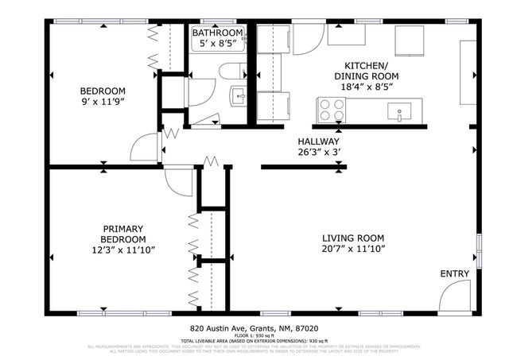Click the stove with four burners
329,109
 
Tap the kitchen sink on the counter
398,112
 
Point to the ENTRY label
454,274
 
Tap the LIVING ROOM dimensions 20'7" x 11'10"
353,250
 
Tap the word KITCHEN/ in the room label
366,65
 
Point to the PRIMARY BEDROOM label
122,234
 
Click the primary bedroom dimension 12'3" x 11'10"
122,250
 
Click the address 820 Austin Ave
220,327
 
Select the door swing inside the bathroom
205,117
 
